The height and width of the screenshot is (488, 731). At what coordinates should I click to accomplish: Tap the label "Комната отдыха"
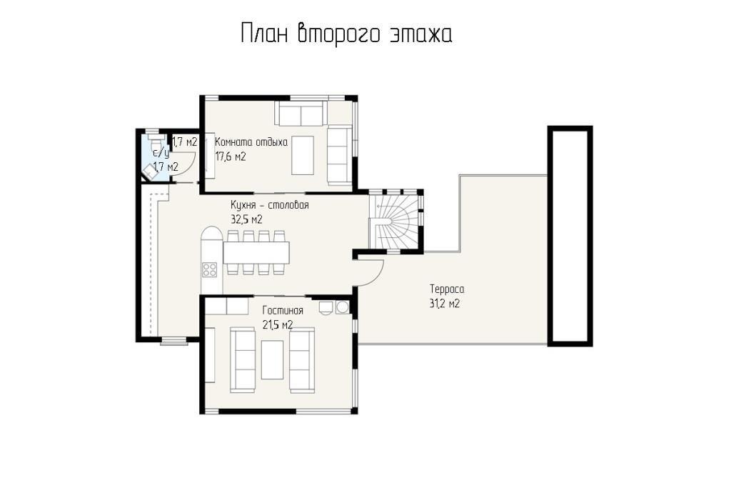[251, 142]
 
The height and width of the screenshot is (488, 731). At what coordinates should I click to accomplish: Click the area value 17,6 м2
[231, 156]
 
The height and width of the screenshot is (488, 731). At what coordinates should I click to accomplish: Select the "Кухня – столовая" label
[269, 205]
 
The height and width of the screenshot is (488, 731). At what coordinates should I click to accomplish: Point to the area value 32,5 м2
[246, 219]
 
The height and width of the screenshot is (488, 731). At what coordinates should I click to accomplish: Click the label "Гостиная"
[283, 311]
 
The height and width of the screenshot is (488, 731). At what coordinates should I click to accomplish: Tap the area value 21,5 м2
[278, 324]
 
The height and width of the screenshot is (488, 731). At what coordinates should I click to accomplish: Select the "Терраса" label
[447, 289]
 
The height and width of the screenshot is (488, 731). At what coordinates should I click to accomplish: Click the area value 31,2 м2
[444, 304]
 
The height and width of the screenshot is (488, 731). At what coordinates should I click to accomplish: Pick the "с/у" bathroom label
[161, 152]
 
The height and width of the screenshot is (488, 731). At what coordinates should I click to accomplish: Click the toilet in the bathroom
[154, 141]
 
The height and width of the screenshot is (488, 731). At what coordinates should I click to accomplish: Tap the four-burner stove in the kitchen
[210, 269]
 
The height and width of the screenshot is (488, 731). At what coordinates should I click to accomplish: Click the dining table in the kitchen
[256, 252]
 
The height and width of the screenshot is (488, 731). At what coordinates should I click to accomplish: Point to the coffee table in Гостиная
[272, 359]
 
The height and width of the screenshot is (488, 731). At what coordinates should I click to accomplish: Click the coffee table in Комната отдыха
[303, 155]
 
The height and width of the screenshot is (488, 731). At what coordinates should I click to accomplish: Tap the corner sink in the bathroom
[151, 171]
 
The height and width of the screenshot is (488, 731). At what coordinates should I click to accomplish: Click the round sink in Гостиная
[343, 307]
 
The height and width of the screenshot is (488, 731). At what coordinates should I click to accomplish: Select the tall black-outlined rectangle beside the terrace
[570, 236]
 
